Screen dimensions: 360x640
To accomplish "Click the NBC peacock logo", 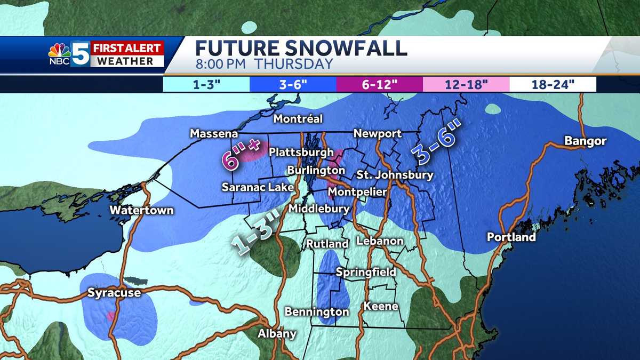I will (59, 53).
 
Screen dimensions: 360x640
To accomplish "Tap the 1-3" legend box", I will (206, 85).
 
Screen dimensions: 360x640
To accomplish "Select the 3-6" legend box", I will (293, 85).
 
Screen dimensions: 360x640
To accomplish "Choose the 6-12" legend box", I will (379, 85).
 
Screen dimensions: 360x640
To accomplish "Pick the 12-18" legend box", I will (466, 85).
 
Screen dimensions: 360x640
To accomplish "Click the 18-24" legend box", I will (553, 85).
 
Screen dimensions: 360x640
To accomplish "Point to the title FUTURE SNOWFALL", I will (301, 48).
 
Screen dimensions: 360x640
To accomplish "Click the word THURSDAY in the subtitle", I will (293, 65).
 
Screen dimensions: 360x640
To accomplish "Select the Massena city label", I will (214, 133).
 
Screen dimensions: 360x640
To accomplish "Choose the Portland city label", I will (511, 237).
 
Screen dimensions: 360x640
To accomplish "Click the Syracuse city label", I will (114, 293).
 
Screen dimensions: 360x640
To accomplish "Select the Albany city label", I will (277, 334).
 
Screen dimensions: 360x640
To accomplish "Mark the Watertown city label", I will (141, 210).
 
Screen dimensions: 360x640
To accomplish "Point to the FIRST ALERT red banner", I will (127, 48).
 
